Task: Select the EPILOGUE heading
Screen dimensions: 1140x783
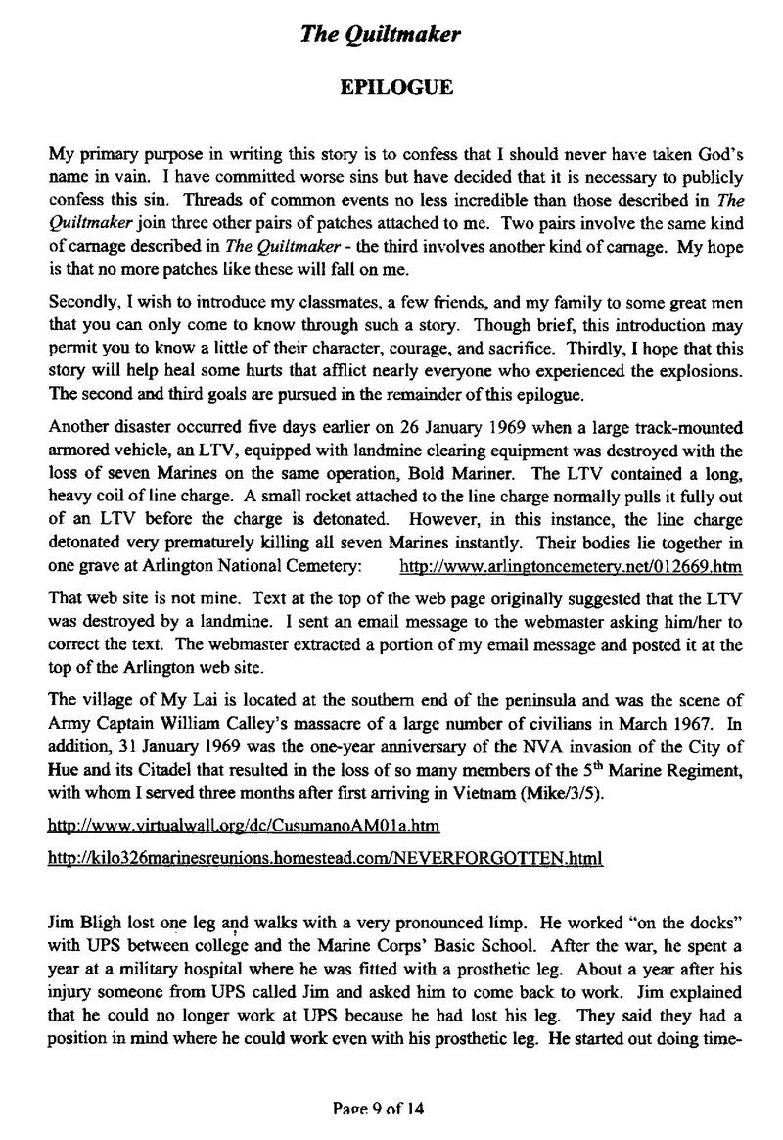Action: [395, 88]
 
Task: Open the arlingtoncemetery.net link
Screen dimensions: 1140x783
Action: [572, 567]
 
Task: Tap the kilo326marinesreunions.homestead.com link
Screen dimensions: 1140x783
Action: [324, 859]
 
